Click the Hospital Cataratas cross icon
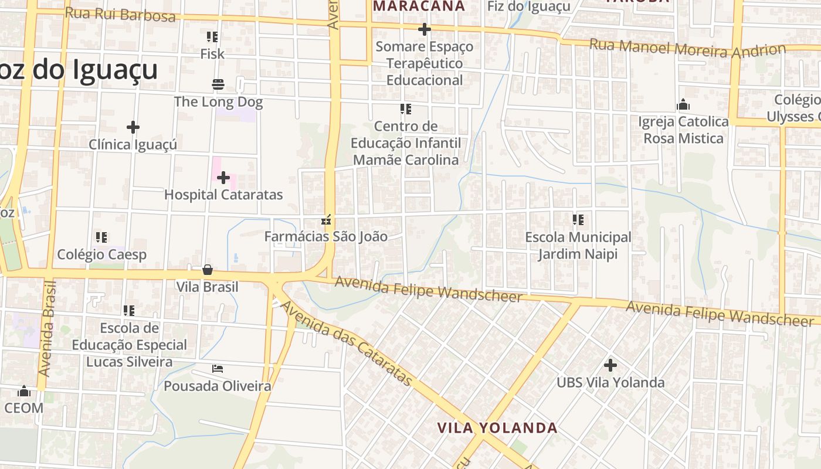pos(223,178)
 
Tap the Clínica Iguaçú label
pos(133,144)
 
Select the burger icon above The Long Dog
pos(218,84)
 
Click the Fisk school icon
pos(212,37)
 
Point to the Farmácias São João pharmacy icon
pos(326,220)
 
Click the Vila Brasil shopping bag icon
pos(208,270)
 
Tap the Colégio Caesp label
pos(101,254)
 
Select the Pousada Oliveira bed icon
pos(218,369)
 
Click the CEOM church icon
pos(24,390)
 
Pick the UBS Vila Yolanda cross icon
pos(610,365)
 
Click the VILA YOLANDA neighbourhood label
pos(497,428)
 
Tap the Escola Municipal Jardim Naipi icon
pos(578,220)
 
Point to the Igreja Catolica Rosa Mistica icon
pos(683,105)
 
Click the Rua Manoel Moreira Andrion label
pos(687,48)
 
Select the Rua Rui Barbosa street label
pos(120,14)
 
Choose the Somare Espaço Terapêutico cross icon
pos(425,29)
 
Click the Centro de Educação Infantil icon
pos(405,109)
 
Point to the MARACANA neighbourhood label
pos(419,6)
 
